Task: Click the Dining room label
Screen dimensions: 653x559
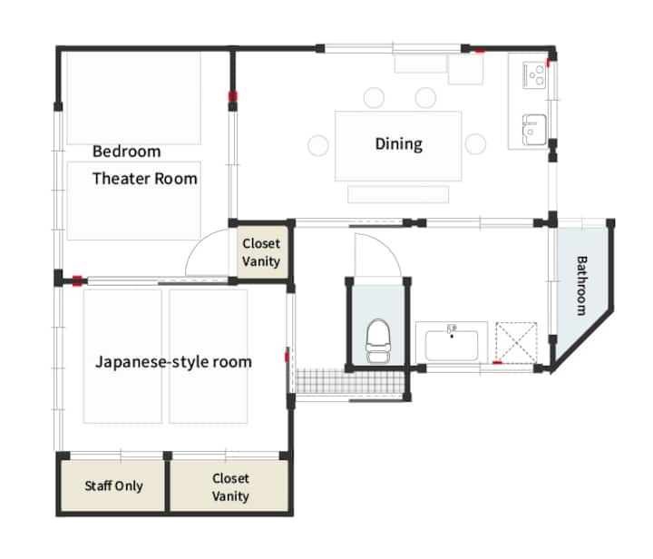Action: (398, 144)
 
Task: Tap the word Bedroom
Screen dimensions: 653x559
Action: (127, 152)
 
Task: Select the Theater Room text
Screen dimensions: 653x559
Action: (145, 179)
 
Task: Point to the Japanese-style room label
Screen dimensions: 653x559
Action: (173, 362)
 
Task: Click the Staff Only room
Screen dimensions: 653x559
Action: (112, 485)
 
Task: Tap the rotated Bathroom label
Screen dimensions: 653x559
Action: (581, 285)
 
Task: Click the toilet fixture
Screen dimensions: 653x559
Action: (377, 341)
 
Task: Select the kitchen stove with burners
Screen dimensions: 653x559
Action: (534, 74)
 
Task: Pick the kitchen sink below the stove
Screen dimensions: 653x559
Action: (534, 130)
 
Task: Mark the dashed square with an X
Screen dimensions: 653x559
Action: (516, 343)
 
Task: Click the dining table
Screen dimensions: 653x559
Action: (398, 146)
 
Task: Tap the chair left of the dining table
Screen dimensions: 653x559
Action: (318, 145)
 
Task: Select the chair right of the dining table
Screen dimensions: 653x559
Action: (475, 143)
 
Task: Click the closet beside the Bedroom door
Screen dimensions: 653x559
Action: (262, 252)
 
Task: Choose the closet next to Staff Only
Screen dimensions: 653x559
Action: (229, 485)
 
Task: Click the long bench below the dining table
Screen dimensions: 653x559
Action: (398, 194)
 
